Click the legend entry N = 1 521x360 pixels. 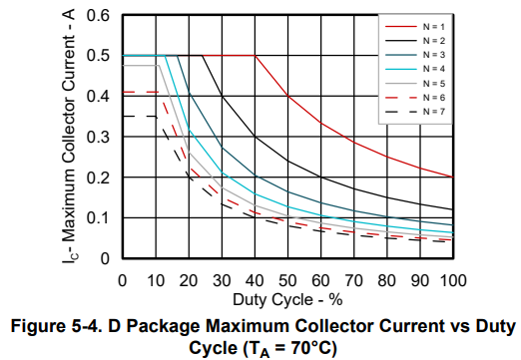coord(415,27)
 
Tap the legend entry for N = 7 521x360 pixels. coord(415,112)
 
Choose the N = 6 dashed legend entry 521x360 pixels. coord(415,98)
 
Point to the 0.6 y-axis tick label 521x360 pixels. coord(98,15)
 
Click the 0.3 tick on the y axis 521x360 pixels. coord(98,137)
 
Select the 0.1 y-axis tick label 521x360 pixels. coord(98,218)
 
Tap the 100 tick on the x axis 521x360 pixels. coord(453,281)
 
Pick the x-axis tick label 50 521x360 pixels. coord(287,281)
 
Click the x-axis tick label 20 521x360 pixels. coord(189,281)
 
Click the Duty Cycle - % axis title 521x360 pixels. coord(287,300)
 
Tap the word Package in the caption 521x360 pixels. coord(162,327)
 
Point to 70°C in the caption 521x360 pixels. coord(311,348)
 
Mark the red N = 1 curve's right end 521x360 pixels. coord(453,178)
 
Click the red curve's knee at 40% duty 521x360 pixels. coord(256,56)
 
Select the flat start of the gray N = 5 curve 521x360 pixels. coord(141,66)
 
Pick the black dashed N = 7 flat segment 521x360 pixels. coord(140,117)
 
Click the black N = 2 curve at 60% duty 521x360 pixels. coord(321,178)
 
